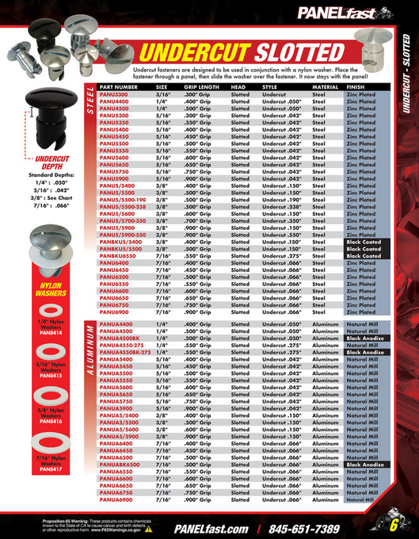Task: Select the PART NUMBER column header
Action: point(119,87)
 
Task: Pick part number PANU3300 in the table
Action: point(114,94)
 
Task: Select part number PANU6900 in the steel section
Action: point(114,312)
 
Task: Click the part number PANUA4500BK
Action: point(120,338)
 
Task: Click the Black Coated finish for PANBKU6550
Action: point(364,257)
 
